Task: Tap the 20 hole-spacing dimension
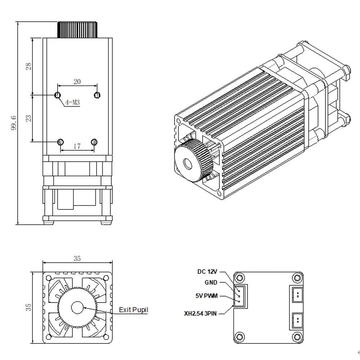(77, 82)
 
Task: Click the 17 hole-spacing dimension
(77, 146)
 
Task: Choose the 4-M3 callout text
(72, 103)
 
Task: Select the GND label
(211, 283)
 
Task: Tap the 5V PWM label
(207, 296)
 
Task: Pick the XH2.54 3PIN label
(201, 314)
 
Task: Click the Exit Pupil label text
(133, 310)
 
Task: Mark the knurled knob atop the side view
(77, 30)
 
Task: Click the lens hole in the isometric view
(188, 164)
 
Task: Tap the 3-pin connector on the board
(240, 296)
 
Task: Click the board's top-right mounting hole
(297, 278)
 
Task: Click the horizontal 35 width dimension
(77, 258)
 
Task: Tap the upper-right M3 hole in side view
(97, 95)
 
